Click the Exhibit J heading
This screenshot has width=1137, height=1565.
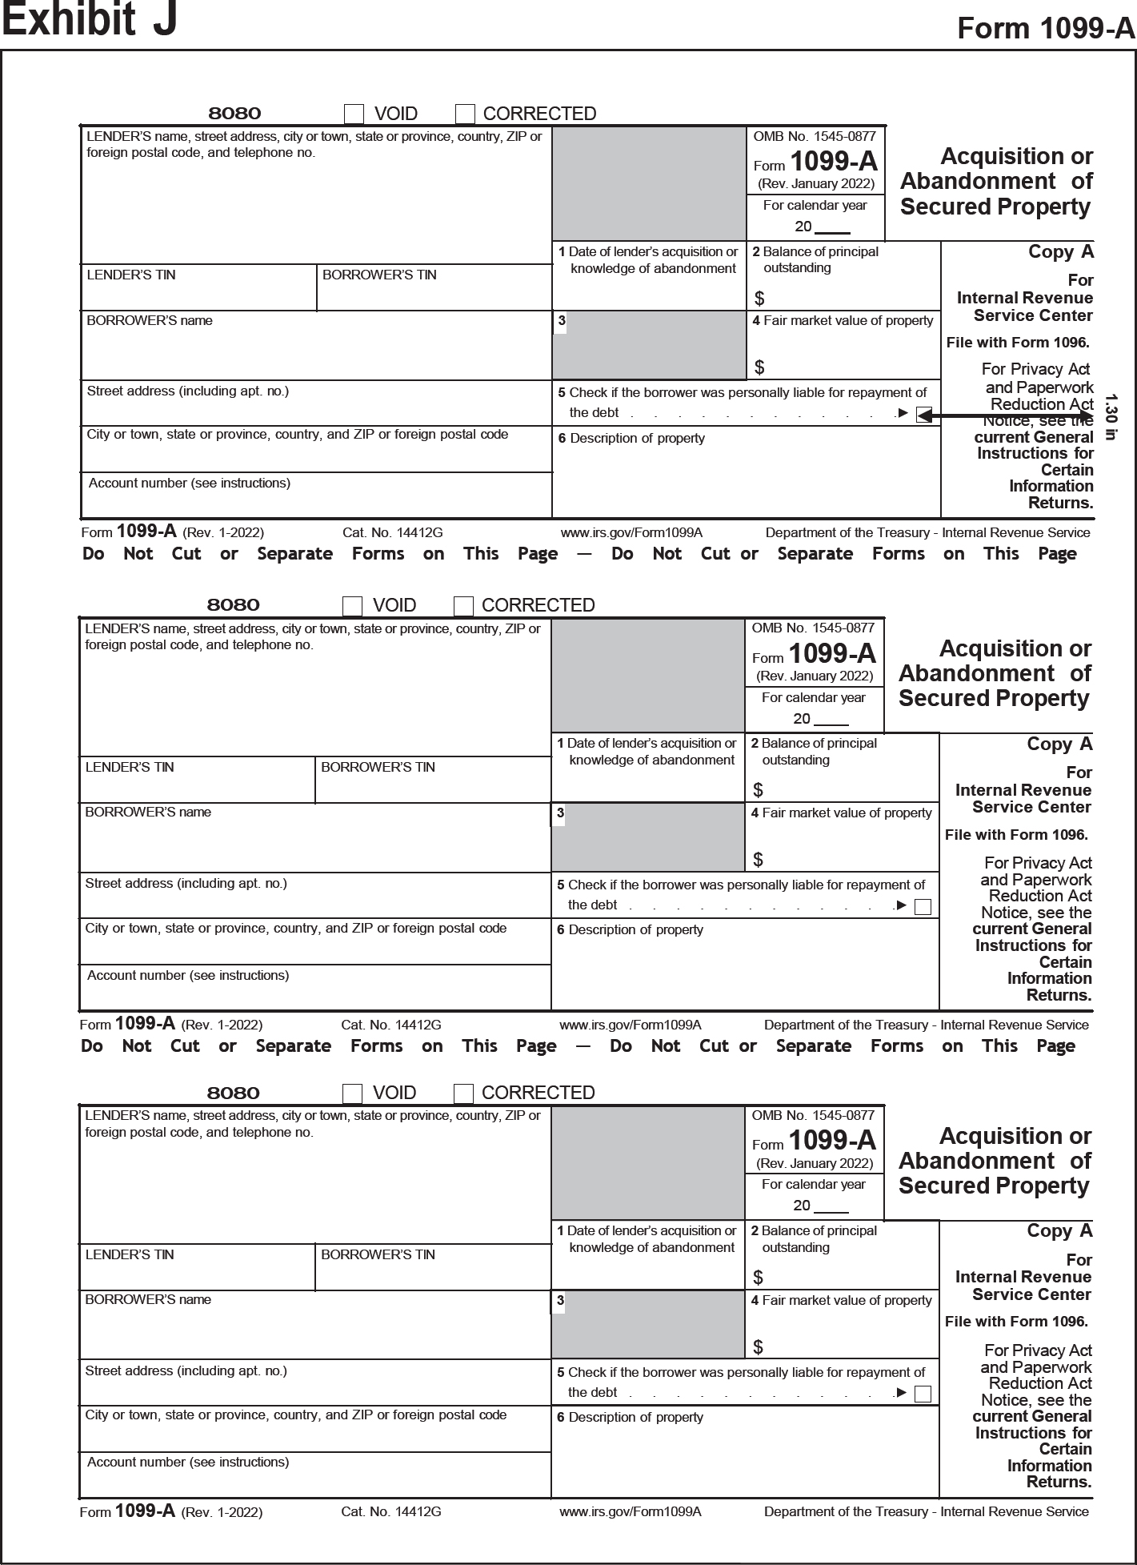(x=89, y=21)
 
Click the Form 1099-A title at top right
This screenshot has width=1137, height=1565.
(x=1046, y=28)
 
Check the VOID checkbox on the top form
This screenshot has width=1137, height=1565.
(x=354, y=114)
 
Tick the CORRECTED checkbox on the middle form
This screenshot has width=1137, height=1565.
(x=463, y=606)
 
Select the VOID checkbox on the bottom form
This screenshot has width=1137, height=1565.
(x=352, y=1093)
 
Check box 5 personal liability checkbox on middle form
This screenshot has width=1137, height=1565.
(x=923, y=907)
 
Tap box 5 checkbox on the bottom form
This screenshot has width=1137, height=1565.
(x=923, y=1394)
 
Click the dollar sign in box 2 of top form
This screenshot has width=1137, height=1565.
(x=759, y=299)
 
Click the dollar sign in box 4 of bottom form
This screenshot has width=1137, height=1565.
(x=758, y=1347)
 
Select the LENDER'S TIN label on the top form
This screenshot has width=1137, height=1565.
(x=130, y=275)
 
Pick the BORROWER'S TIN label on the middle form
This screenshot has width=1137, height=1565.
(x=378, y=767)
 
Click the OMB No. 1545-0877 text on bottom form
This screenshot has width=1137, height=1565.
(x=813, y=1115)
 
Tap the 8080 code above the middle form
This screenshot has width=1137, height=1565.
(x=233, y=605)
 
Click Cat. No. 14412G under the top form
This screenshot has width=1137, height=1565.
(x=392, y=533)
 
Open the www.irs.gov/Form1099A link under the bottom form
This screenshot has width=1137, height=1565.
(x=630, y=1511)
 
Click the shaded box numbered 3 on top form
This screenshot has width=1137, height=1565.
(x=649, y=345)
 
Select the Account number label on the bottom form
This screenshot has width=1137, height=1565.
(x=188, y=1462)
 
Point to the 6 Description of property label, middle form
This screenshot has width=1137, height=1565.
(x=630, y=930)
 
